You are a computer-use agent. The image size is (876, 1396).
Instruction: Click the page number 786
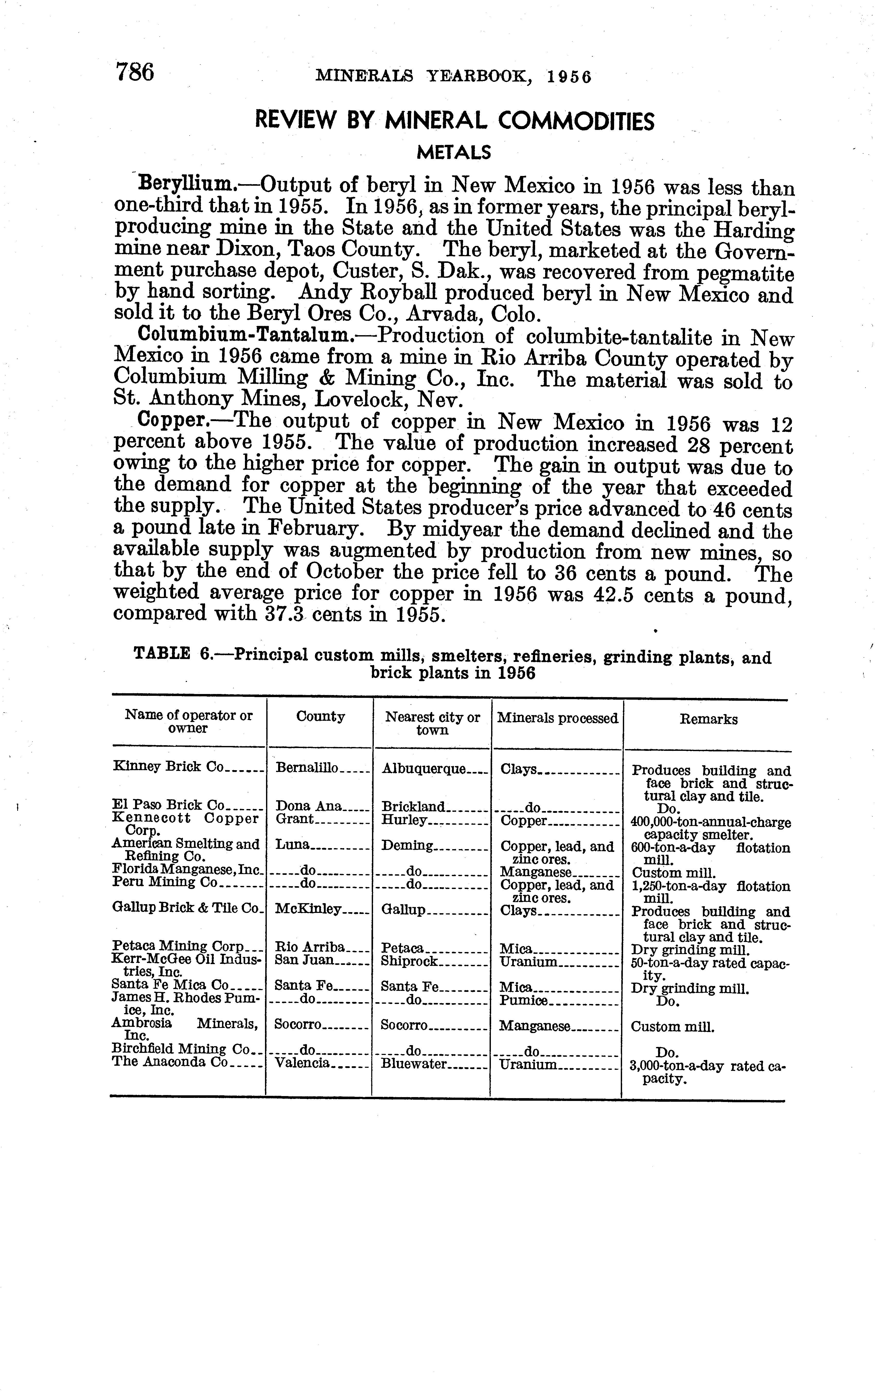pos(135,73)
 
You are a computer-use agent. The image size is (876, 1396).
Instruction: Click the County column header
pos(320,717)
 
